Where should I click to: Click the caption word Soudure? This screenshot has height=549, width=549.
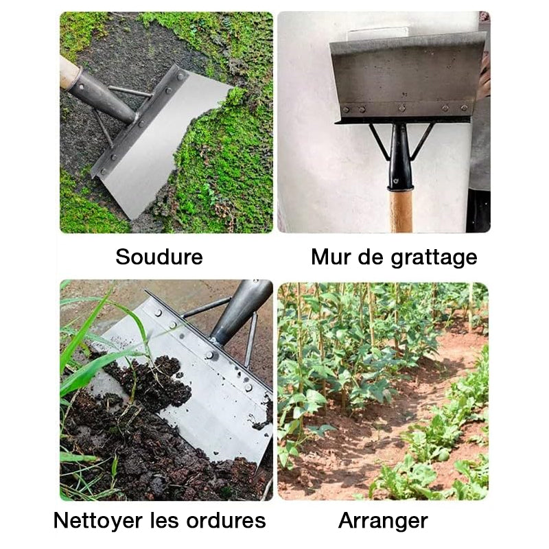click(x=159, y=257)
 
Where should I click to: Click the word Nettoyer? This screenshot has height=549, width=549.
click(x=99, y=520)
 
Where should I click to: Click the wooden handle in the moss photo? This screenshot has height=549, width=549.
click(x=69, y=71)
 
